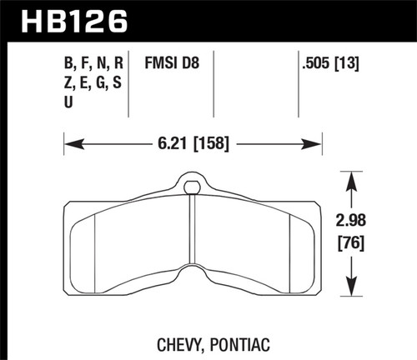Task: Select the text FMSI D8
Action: [x=170, y=63]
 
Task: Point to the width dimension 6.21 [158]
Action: [x=193, y=144]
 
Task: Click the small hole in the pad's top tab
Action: [x=193, y=185]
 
